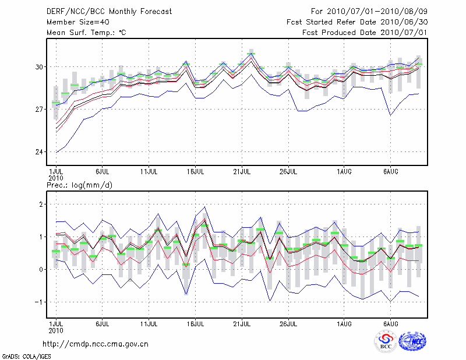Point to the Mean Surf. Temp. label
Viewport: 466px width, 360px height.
point(86,33)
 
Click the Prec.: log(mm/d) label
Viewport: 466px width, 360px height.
point(83,185)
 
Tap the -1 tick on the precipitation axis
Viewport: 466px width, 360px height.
point(39,302)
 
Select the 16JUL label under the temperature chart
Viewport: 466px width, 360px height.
point(196,172)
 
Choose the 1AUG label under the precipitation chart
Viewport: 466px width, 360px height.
point(344,322)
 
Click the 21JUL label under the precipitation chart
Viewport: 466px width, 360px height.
point(242,322)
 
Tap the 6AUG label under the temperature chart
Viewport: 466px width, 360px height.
point(390,172)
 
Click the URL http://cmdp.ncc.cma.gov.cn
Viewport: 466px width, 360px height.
point(96,344)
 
